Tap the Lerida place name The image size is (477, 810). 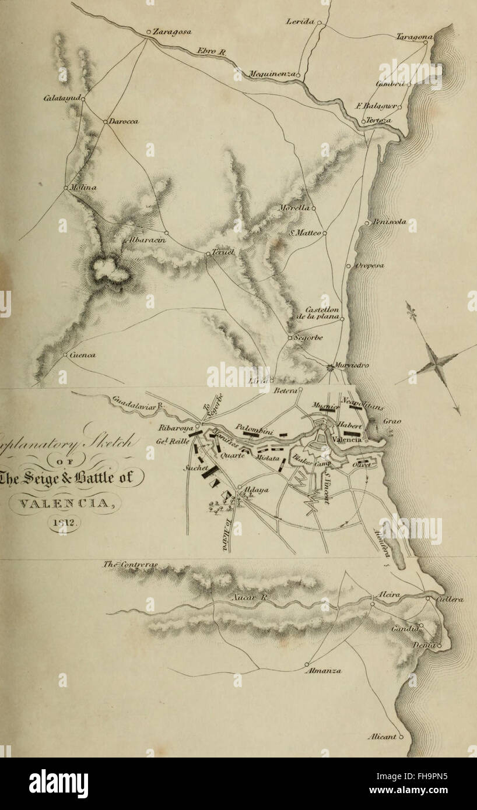point(300,22)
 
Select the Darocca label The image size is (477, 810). point(122,121)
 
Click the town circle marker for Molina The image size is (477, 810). point(65,188)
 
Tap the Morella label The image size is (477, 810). point(299,207)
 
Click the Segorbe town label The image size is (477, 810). point(308,337)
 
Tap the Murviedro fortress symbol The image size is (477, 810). point(330,367)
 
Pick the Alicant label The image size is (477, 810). point(382,737)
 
